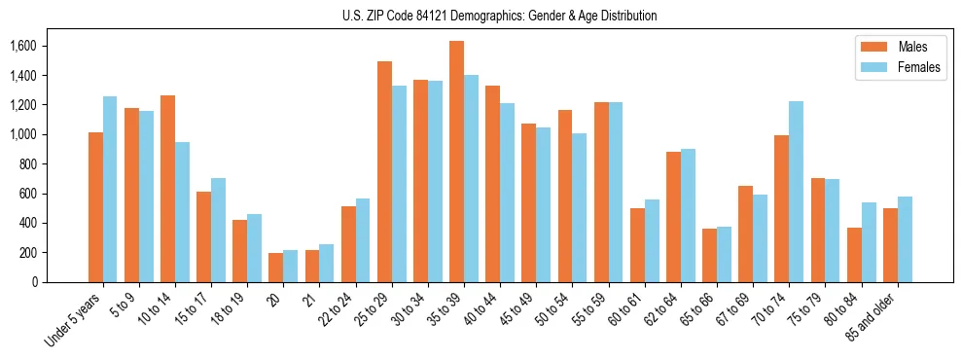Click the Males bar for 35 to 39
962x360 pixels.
coord(456,162)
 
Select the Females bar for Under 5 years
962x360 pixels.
coord(110,189)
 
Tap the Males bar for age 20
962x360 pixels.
coord(276,268)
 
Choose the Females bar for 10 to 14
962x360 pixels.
coord(182,212)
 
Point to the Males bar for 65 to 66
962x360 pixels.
coord(709,256)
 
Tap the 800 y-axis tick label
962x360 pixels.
coord(28,164)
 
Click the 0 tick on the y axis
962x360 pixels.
coord(34,282)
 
